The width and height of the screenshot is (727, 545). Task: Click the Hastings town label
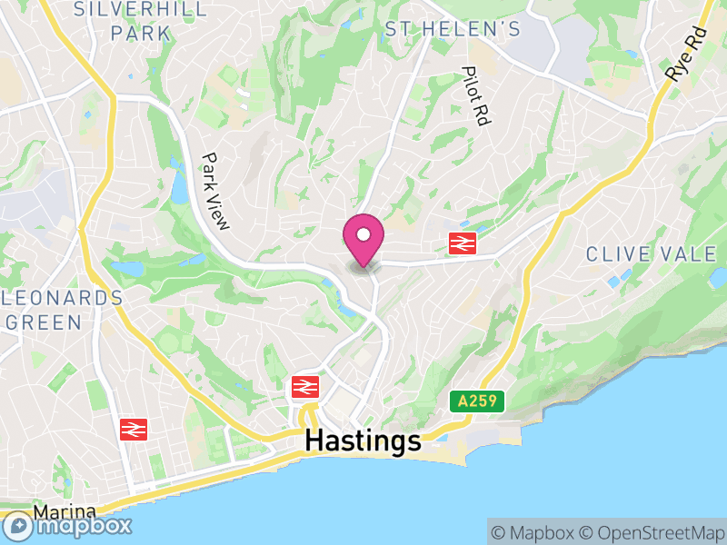363,441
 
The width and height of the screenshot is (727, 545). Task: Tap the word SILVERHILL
139,9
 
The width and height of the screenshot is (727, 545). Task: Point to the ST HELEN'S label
453,30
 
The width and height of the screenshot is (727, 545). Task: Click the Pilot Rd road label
475,95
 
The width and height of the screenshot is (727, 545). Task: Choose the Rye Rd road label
685,57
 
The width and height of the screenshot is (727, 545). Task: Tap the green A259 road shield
477,401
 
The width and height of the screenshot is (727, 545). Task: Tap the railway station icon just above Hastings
304,387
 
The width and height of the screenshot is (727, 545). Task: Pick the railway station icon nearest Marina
134,429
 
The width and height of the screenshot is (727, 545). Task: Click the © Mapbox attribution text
534,533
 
